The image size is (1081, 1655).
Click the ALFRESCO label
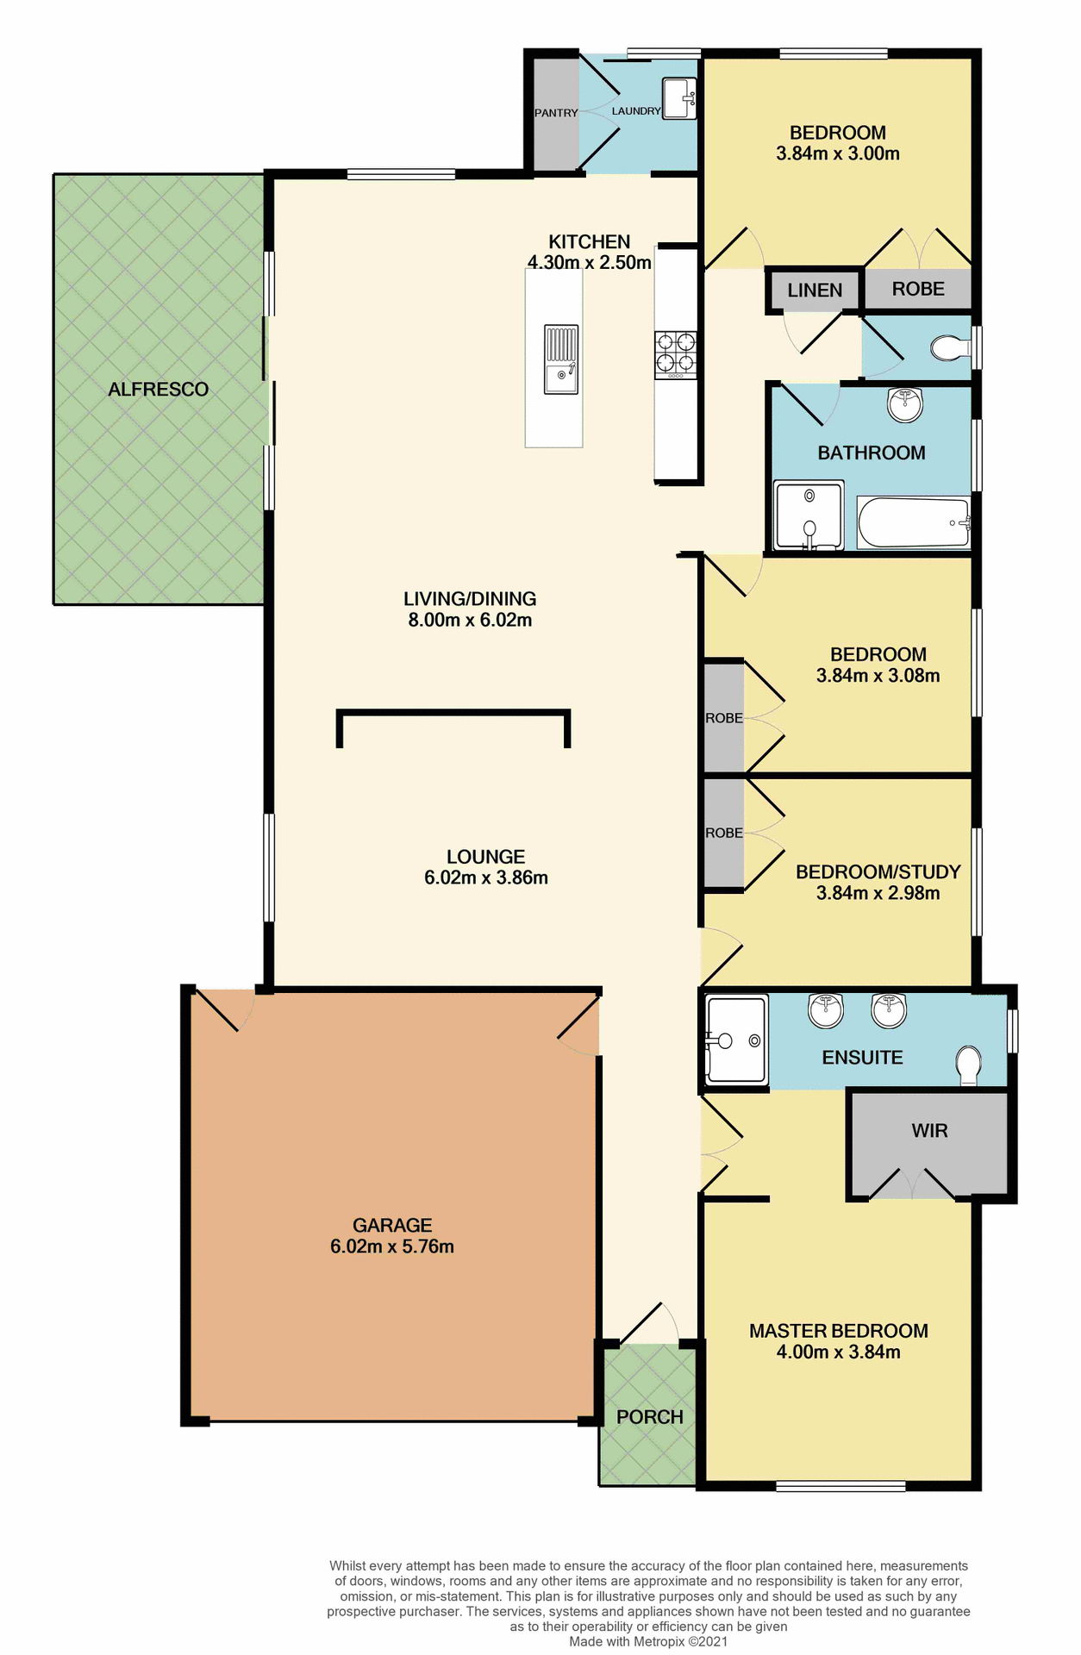pos(158,390)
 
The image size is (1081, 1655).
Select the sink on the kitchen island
pos(560,359)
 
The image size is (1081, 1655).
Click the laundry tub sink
pos(679,98)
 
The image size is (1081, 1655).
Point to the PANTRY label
pos(556,113)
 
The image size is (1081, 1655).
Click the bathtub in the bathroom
pos(914,522)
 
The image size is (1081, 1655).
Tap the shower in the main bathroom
pos(809,516)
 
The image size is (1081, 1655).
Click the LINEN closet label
pos(815,290)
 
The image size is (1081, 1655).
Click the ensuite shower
pos(735,1040)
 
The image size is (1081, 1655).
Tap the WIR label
pos(929,1131)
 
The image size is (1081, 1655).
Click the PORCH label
pos(649,1417)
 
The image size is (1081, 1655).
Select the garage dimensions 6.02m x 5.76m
pos(392,1246)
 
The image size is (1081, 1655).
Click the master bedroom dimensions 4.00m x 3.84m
pos(838,1352)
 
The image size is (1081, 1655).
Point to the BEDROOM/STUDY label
pos(878,872)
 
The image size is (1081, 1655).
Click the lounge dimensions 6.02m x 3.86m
pos(486,877)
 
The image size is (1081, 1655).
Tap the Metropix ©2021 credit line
pos(648,1641)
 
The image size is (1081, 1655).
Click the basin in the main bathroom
pos(905,404)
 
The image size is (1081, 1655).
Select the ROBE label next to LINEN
pos(918,290)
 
